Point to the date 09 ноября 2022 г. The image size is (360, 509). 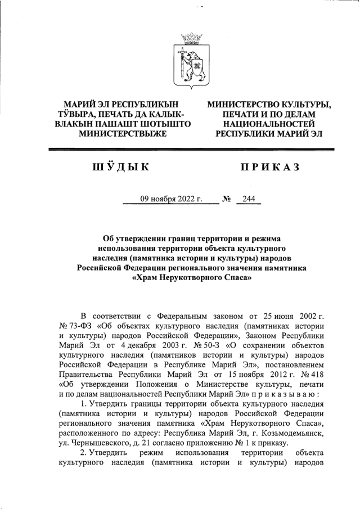coord(170,199)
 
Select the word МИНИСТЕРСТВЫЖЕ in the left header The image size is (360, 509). coord(122,134)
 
